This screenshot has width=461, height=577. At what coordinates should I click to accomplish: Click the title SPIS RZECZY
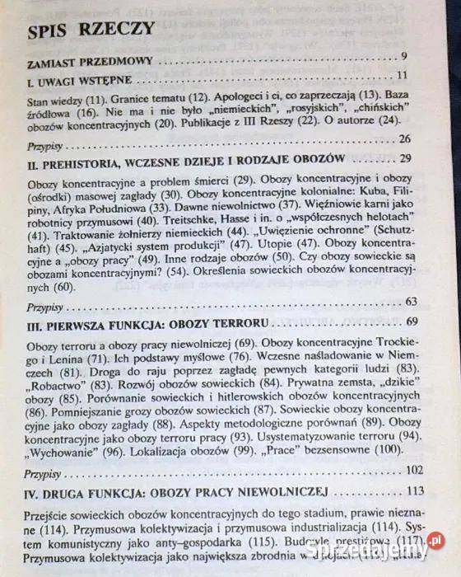pos(90,30)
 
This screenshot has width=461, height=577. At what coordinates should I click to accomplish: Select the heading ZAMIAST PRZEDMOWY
pos(85,61)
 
